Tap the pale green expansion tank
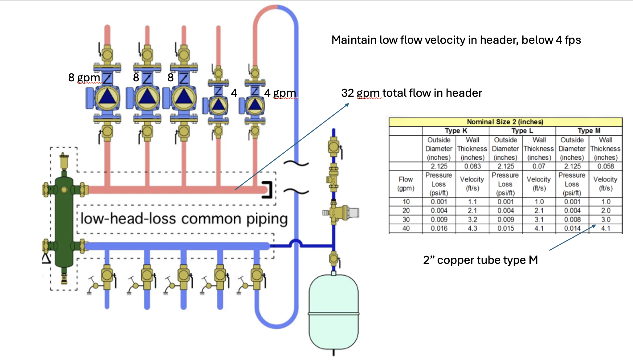point(333,311)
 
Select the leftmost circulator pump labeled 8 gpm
point(107,98)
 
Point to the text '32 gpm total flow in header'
point(411,93)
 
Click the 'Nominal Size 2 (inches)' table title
point(505,122)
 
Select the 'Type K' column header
point(456,131)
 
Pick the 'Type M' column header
point(589,131)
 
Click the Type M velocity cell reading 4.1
point(606,228)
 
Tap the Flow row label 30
point(406,219)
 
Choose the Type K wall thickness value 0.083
point(472,166)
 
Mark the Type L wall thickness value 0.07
point(539,166)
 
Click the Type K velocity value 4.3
point(472,228)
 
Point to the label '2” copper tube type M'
point(480,260)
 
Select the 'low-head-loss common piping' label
point(184,219)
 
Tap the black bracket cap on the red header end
point(268,190)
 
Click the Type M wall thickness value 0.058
point(606,166)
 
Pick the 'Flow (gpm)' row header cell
point(406,184)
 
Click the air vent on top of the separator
point(64,160)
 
